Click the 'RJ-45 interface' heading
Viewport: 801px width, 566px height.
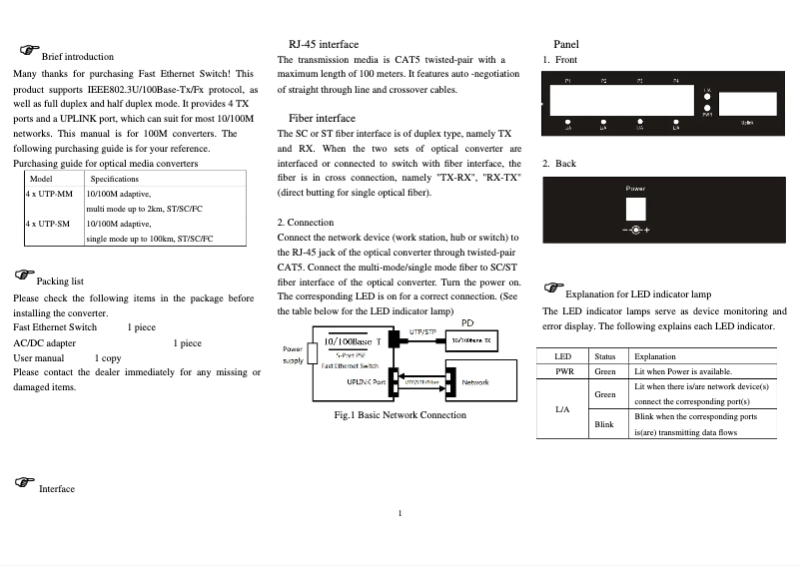coord(323,44)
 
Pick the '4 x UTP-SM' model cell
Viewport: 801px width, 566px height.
coord(48,225)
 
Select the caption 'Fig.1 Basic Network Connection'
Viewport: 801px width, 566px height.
coord(400,414)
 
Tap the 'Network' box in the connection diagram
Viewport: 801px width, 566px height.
coord(475,381)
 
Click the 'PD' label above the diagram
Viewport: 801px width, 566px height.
coord(467,321)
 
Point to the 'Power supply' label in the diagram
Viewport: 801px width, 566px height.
coord(293,354)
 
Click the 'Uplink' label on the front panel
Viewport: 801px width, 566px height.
coord(747,123)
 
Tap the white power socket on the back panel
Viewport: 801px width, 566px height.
coord(636,208)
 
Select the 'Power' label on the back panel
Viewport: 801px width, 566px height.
coord(636,188)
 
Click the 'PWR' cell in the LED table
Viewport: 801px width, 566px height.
coord(563,371)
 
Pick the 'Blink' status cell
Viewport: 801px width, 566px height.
coord(604,424)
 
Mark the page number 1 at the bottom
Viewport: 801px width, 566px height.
coord(400,514)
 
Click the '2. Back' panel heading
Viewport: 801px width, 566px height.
coord(559,163)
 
